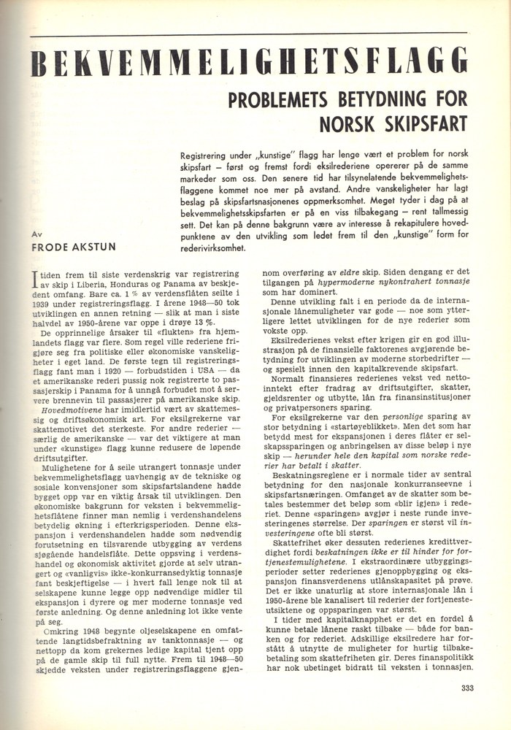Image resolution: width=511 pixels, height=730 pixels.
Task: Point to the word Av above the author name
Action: tap(38, 234)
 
